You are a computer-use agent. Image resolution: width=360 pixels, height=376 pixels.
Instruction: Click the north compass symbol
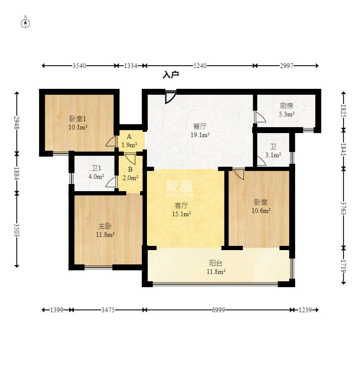(25, 23)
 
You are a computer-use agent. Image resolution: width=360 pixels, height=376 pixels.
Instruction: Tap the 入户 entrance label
(171, 75)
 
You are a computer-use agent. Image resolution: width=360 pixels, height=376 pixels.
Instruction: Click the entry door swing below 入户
(171, 97)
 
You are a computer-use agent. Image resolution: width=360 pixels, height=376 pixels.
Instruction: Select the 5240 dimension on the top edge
(200, 66)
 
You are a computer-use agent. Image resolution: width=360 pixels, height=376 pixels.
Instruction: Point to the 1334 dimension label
(131, 66)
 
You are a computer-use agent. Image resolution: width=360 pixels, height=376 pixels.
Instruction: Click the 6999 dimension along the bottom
(218, 310)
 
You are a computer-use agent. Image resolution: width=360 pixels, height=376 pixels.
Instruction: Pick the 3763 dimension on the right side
(344, 208)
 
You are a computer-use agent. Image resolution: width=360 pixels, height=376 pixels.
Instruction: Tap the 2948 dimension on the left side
(16, 123)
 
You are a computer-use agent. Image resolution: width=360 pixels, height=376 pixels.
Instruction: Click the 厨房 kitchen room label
(287, 106)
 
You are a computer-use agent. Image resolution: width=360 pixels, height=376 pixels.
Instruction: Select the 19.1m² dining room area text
(200, 135)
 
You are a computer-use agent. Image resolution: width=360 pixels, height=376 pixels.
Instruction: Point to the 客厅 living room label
(181, 205)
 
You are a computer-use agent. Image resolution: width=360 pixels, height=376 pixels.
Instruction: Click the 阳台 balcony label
(216, 263)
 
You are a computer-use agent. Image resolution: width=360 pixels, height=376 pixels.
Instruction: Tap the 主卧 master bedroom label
(105, 226)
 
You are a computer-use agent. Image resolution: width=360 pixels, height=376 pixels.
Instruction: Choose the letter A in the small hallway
(129, 137)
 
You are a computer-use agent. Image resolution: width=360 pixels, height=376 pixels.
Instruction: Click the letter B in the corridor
(130, 170)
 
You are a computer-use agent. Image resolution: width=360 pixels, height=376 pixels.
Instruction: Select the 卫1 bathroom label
(96, 168)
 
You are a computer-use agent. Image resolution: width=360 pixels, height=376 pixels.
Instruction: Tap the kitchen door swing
(260, 117)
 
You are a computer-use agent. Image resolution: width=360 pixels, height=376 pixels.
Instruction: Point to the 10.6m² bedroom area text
(261, 211)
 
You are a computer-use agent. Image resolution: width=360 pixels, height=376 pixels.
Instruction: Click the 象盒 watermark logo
(179, 186)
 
